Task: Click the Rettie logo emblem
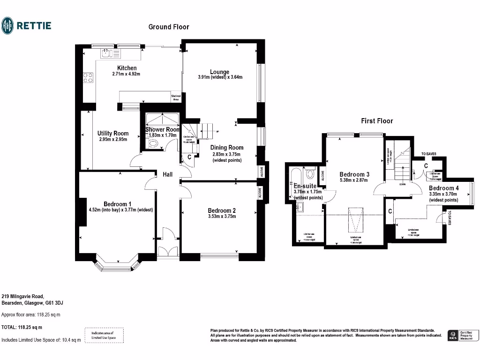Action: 8,25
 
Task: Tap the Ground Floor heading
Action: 169,27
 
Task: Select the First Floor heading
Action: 377,121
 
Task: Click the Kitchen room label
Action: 127,68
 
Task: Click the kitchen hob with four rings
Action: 88,77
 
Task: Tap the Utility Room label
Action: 113,134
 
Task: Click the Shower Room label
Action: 162,129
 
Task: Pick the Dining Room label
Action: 227,148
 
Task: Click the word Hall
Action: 167,174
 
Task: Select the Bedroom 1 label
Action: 117,204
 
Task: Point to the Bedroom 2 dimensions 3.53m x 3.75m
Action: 222,216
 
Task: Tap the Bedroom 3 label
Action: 354,174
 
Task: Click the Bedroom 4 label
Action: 443,188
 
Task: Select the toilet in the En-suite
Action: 310,175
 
